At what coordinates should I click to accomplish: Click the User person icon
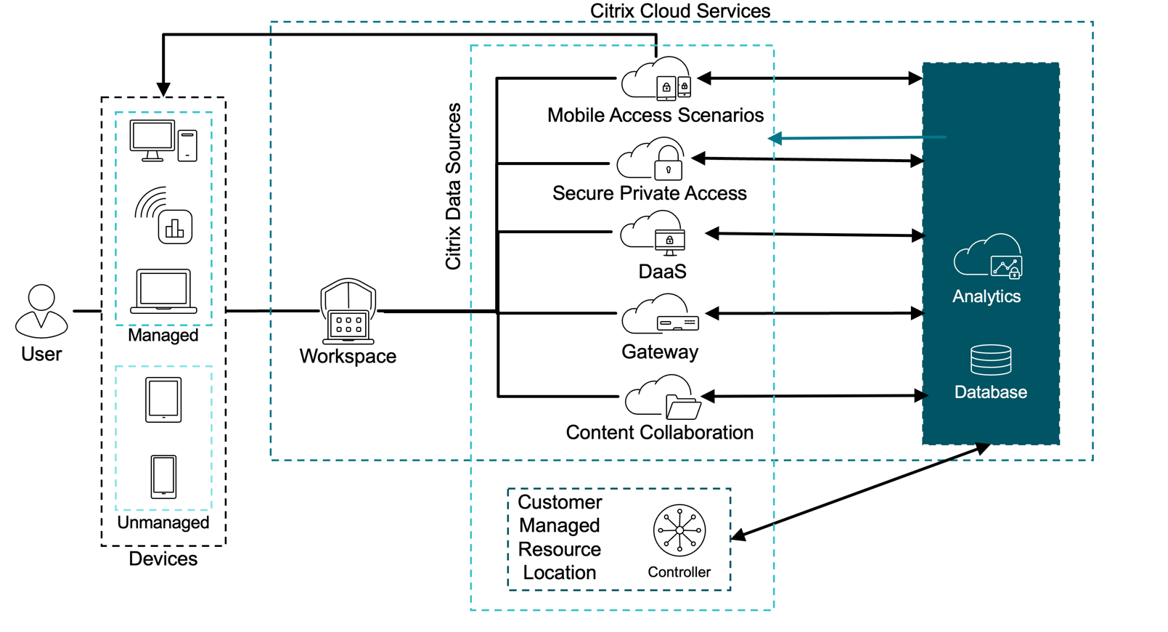coord(41,311)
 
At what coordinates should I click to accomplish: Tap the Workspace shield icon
coord(348,311)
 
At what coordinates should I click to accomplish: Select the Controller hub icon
coord(679,530)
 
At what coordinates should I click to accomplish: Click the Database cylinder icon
coord(991,360)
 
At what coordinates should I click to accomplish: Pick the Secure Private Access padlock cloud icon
coord(650,160)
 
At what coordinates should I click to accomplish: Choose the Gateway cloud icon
coord(659,314)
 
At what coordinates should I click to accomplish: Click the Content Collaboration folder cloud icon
coord(662,397)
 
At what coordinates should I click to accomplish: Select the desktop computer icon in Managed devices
coord(163,141)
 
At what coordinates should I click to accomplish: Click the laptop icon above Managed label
coord(163,291)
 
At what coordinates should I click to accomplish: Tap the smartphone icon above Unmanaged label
coord(163,477)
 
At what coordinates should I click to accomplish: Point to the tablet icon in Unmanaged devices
coord(163,400)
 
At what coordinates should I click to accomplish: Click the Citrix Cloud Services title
coord(679,11)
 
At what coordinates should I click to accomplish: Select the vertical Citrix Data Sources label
coord(453,187)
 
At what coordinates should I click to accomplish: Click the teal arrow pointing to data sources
coord(857,137)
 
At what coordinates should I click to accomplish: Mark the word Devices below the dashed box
coord(163,559)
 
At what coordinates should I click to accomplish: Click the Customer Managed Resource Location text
coord(560,537)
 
